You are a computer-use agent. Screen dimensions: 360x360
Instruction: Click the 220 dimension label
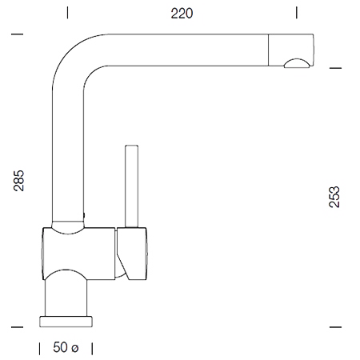point(182,14)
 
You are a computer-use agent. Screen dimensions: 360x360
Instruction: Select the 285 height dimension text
point(18,181)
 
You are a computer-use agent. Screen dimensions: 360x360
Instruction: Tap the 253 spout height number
point(334,197)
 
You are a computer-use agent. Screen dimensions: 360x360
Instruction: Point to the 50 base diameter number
point(60,347)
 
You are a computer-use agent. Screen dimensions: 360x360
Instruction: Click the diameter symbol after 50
point(75,348)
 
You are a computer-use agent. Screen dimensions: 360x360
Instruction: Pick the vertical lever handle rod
point(131,186)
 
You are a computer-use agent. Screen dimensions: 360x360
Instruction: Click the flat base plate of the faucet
point(66,322)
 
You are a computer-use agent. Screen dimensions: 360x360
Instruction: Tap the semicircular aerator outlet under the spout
point(297,64)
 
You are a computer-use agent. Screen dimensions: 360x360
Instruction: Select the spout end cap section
point(290,50)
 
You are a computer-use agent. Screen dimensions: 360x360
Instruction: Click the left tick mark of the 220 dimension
point(67,13)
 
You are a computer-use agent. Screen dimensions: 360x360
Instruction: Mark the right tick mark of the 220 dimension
point(297,13)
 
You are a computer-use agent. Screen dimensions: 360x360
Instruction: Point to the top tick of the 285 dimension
point(17,34)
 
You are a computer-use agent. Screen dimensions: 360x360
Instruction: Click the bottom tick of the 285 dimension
point(17,327)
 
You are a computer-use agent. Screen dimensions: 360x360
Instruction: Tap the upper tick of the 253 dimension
point(335,68)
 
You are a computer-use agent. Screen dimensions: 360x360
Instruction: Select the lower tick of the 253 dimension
point(335,327)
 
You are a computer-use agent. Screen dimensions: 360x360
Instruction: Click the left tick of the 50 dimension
point(39,349)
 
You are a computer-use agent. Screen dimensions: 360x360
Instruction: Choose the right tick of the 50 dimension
point(92,349)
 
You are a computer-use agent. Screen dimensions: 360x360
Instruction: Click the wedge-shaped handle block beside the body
point(132,254)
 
